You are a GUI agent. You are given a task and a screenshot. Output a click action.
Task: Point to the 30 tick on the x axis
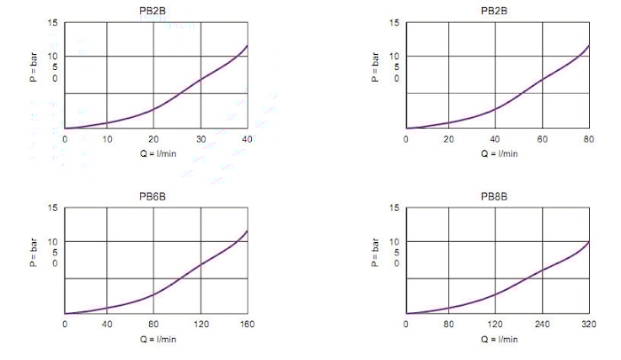[x=200, y=139]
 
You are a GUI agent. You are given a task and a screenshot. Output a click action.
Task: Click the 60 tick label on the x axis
[x=542, y=139]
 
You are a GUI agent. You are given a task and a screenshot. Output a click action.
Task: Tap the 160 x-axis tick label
[x=247, y=325]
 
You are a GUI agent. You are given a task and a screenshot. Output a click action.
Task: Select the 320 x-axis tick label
[x=588, y=325]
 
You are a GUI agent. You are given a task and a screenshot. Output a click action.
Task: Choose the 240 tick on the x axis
[x=542, y=325]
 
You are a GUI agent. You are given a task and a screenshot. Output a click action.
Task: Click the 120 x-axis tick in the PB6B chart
[x=200, y=325]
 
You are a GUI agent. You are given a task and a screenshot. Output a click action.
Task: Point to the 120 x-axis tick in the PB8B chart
[x=495, y=325]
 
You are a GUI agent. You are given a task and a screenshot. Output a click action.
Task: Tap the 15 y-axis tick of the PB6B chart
[x=52, y=208]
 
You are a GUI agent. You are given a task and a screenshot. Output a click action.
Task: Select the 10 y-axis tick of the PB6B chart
[x=52, y=241]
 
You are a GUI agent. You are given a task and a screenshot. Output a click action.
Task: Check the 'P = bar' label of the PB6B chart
[x=33, y=251]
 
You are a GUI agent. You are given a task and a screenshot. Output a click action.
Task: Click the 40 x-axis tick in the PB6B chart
[x=107, y=325]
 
